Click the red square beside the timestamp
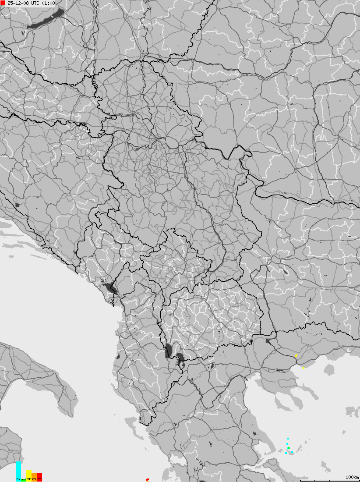3,3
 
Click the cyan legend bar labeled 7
18,471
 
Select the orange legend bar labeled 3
34,477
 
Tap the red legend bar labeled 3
39,477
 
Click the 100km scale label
352,477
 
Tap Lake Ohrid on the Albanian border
169,351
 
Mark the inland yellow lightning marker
296,356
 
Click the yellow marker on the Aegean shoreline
304,368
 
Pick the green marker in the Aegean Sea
289,448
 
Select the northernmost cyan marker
288,438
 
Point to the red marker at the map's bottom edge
147,480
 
